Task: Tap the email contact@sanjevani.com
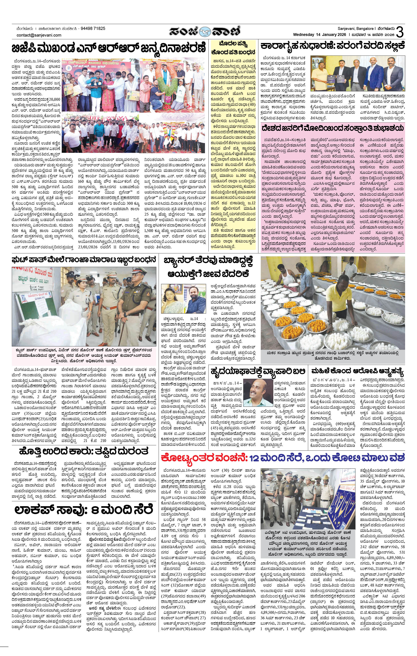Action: tap(39, 35)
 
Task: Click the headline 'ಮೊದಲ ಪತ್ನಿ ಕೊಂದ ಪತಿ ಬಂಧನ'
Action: tap(233, 48)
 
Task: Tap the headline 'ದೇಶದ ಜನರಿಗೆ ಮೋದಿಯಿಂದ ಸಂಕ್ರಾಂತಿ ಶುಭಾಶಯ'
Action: tap(332, 128)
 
